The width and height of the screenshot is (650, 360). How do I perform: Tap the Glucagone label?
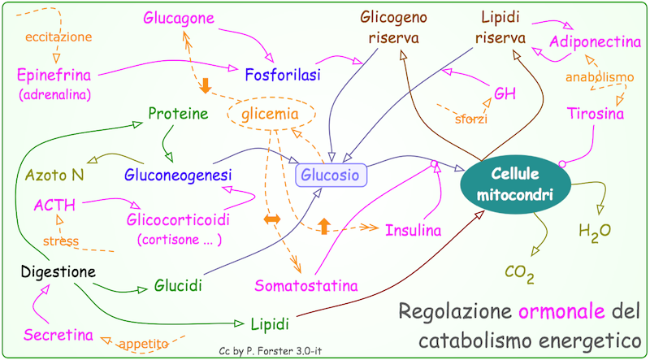pos(180,17)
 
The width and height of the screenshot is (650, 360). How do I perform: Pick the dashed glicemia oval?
pos(269,115)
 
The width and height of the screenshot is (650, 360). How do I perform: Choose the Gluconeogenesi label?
pos(179,175)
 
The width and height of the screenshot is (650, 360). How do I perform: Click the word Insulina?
pos(414,230)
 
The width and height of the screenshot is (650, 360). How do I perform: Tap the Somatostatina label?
pos(306,286)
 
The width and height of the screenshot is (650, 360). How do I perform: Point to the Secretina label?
pos(58,335)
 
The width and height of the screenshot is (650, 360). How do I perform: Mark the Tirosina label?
pos(596,115)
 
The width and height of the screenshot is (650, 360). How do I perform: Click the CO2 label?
pos(519,272)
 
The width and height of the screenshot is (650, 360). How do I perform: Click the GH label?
pos(504,93)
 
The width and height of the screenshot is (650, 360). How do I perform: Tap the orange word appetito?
pos(144,344)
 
